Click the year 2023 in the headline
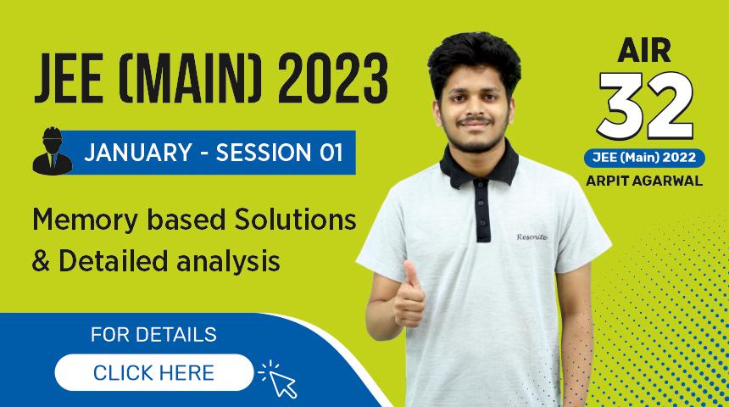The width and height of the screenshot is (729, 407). pyautogui.click(x=333, y=79)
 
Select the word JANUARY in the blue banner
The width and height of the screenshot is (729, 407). pyautogui.click(x=138, y=153)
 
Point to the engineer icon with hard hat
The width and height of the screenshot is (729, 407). pyautogui.click(x=52, y=152)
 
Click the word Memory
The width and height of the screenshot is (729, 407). pyautogui.click(x=85, y=220)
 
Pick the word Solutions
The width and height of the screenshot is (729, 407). pyautogui.click(x=295, y=220)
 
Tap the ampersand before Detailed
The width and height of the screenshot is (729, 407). pyautogui.click(x=41, y=261)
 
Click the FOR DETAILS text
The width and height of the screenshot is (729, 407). pyautogui.click(x=153, y=334)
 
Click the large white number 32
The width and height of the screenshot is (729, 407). pyautogui.click(x=645, y=107)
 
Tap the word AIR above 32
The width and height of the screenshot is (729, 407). pyautogui.click(x=644, y=50)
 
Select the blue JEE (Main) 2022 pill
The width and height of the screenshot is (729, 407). pyautogui.click(x=644, y=159)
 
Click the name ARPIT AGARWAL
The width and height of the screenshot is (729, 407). pyautogui.click(x=644, y=181)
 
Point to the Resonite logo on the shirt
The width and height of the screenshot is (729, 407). pyautogui.click(x=531, y=237)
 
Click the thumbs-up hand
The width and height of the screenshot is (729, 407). pyautogui.click(x=409, y=296)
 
